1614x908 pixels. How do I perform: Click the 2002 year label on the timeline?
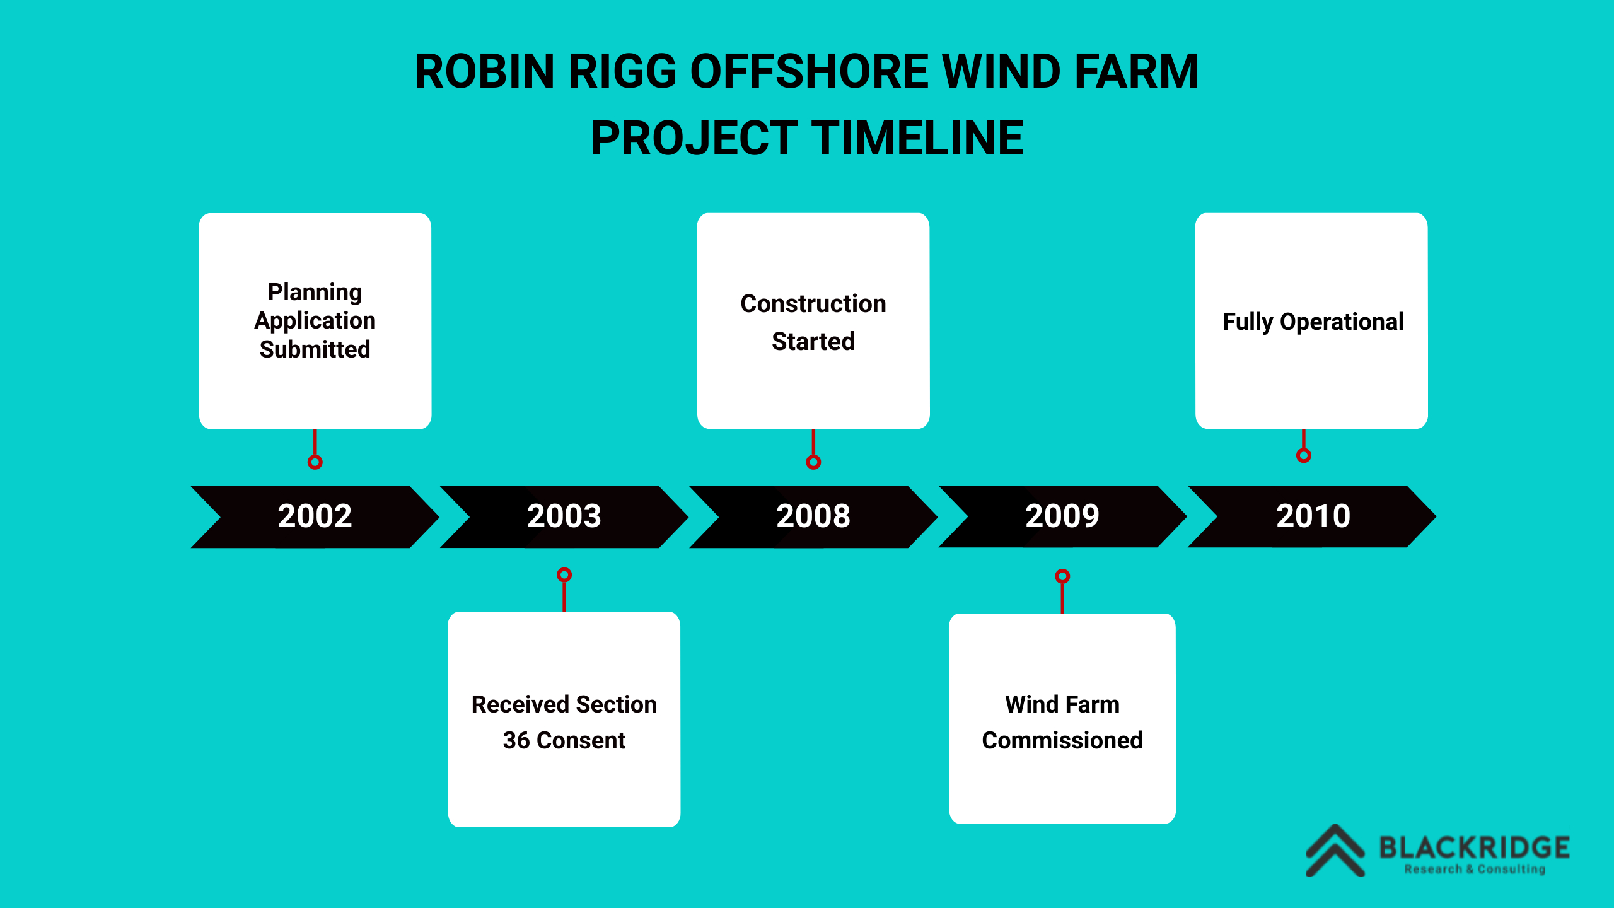point(315,516)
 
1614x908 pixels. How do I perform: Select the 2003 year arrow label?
point(564,516)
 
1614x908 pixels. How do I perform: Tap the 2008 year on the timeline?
point(813,516)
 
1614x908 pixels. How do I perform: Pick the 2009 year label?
point(1062,516)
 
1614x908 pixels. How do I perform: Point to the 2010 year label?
point(1313,516)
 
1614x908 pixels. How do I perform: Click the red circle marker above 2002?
point(315,462)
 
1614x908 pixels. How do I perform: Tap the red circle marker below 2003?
point(564,574)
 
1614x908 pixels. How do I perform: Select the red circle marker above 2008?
point(813,462)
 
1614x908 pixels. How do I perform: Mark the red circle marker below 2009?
point(1062,576)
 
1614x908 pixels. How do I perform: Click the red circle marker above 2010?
point(1304,455)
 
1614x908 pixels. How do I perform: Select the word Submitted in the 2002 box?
point(315,349)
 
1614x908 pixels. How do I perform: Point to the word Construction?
point(813,303)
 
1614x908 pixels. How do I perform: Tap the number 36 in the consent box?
point(516,740)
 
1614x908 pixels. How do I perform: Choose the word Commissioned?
point(1062,740)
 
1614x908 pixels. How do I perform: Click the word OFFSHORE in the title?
point(810,71)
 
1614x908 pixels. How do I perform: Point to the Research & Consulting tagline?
point(1475,869)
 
